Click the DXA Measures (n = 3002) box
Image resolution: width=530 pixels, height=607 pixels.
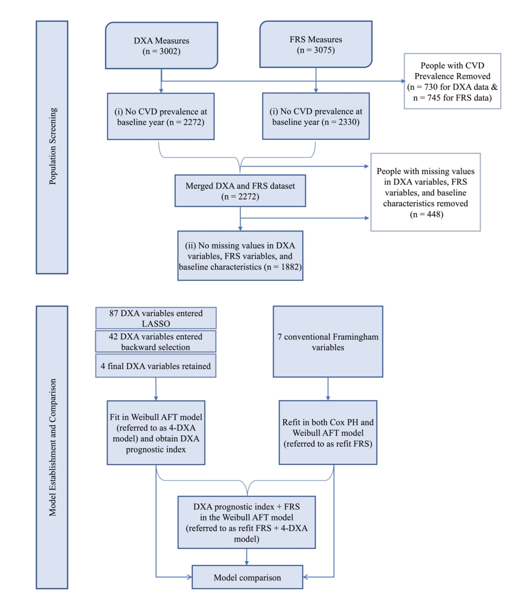coord(162,46)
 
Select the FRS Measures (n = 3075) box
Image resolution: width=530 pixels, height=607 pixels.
coord(316,44)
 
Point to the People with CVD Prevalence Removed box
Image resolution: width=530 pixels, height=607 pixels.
coord(452,81)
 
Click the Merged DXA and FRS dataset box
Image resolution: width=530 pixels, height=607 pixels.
coord(240,191)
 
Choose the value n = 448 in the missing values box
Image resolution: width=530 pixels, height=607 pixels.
coord(427,214)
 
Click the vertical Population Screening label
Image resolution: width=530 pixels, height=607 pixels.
coord(52,147)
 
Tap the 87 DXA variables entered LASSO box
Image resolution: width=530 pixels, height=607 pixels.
coord(156,318)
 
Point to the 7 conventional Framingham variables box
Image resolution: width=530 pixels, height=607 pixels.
coord(328,341)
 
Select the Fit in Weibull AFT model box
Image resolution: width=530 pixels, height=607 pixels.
coord(156,433)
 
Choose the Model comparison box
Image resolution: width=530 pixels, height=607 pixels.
coord(247,577)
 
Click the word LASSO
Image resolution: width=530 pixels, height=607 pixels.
coord(156,324)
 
